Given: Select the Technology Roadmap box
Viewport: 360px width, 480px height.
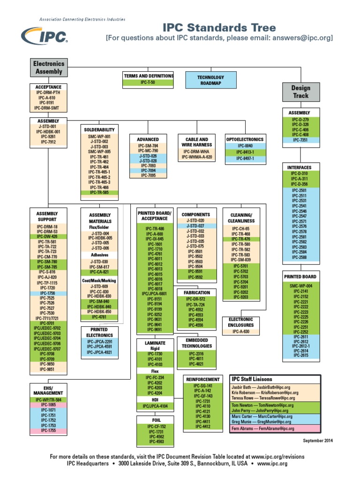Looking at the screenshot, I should coord(210,80).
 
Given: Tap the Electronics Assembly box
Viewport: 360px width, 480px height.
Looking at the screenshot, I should coord(49,67).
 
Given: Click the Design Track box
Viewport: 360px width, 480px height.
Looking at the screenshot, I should coord(300,92).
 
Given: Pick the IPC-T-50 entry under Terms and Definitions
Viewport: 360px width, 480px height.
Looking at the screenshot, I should coord(149,82).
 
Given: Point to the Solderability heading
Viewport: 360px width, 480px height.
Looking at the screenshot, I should coord(99,129).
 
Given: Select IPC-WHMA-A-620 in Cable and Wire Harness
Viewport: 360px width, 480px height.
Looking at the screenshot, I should coord(197,157).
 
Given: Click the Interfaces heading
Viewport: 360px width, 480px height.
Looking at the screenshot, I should coord(300,167).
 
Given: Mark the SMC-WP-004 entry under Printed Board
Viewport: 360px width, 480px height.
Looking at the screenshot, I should coord(300,285).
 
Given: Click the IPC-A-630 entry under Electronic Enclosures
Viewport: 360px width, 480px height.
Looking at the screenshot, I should coord(241,331).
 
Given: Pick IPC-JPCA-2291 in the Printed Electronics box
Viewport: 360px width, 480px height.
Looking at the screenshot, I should coord(99,342).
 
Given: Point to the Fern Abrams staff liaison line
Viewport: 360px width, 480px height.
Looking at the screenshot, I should coord(262,428).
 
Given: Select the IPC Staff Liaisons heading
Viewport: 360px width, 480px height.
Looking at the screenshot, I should coord(252,379).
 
